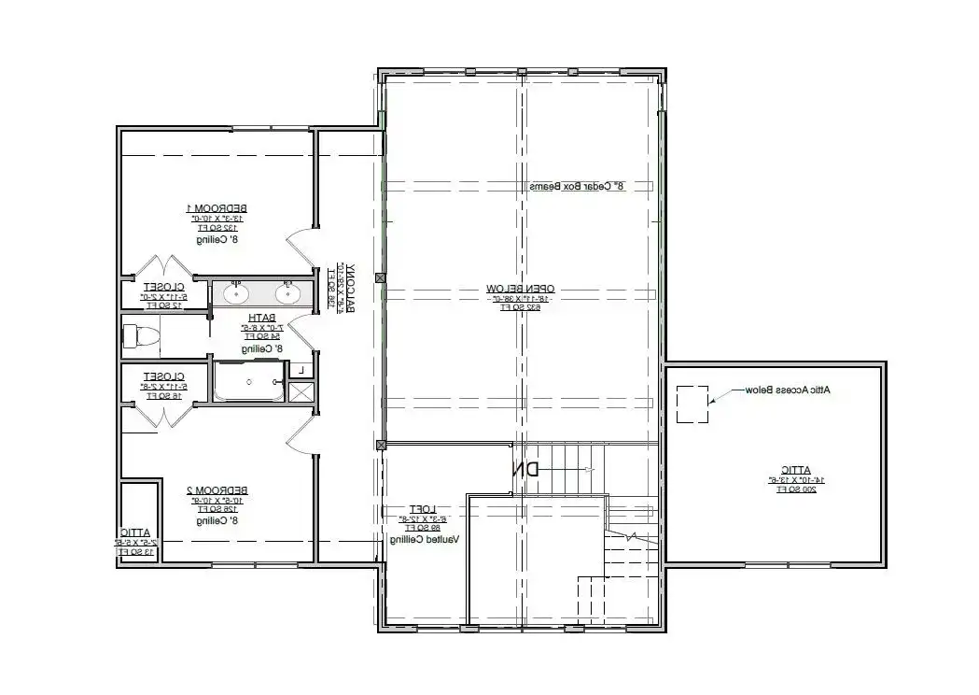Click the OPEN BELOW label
[520, 289]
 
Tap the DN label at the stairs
[525, 470]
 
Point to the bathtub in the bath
[248, 382]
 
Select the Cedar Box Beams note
[576, 187]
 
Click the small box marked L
[301, 371]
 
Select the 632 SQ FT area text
[520, 306]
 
